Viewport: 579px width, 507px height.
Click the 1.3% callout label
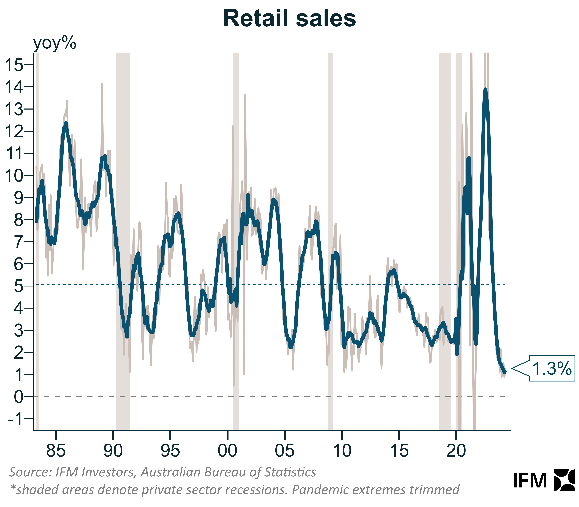click(x=552, y=368)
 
